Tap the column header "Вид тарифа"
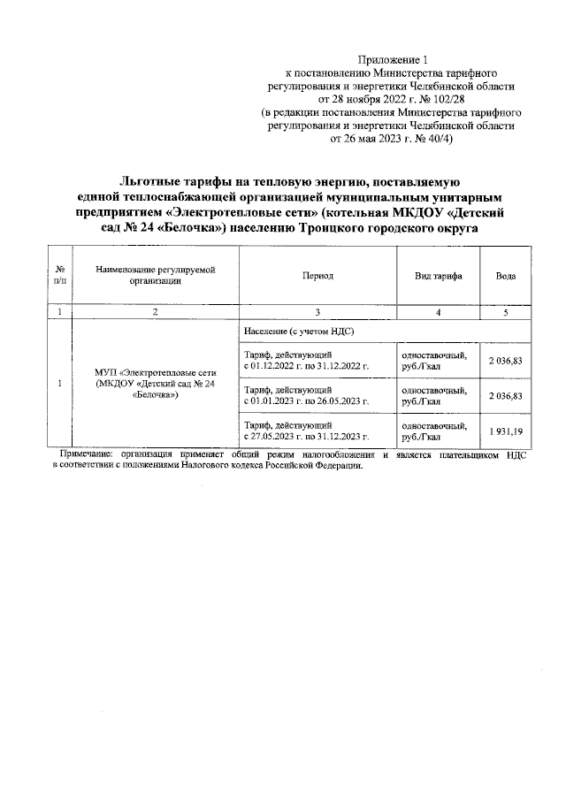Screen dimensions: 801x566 439,276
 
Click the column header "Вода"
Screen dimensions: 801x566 506,276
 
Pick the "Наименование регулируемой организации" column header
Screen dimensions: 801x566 155,276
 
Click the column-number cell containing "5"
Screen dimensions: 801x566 506,311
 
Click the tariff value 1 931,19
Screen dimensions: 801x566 506,431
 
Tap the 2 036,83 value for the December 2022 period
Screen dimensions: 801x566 506,360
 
